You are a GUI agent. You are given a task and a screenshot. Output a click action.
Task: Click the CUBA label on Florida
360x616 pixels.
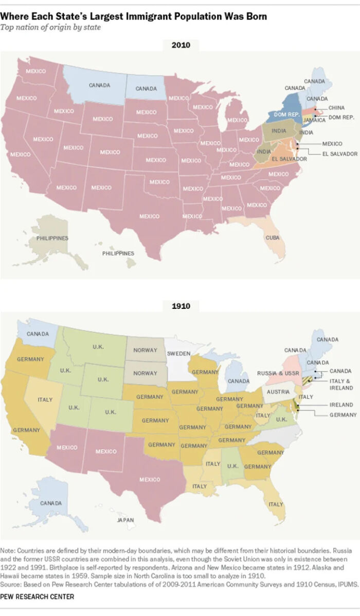[273, 238]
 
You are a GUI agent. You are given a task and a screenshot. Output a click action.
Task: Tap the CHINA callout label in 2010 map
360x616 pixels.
[336, 108]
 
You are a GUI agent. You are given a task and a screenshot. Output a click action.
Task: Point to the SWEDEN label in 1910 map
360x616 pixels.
[178, 354]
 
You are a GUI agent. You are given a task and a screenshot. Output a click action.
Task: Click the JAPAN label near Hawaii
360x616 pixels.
[125, 520]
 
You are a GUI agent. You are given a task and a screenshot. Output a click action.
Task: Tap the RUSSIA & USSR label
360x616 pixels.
[278, 373]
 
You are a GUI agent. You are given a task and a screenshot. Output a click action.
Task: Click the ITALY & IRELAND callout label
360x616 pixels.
[341, 384]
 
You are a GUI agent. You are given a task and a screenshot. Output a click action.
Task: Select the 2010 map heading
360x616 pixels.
[180, 45]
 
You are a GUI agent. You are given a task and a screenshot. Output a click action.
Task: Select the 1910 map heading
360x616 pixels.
[180, 306]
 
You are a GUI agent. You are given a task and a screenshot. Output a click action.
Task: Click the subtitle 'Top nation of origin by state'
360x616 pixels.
[50, 27]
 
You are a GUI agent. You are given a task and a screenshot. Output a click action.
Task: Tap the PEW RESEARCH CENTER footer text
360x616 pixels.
[37, 596]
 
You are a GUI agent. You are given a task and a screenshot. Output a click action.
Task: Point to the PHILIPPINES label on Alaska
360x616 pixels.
[52, 238]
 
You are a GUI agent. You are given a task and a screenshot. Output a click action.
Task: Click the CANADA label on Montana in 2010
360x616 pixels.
[99, 85]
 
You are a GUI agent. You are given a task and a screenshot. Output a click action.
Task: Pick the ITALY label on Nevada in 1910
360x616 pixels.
[45, 399]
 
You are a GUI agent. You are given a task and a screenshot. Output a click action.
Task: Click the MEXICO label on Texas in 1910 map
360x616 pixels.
[150, 479]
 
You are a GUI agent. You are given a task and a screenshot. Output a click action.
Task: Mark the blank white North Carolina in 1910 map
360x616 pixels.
[278, 437]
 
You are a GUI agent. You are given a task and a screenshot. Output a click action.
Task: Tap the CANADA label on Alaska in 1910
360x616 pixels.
[51, 502]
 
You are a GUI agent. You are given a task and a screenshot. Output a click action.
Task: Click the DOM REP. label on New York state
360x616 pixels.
[286, 114]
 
